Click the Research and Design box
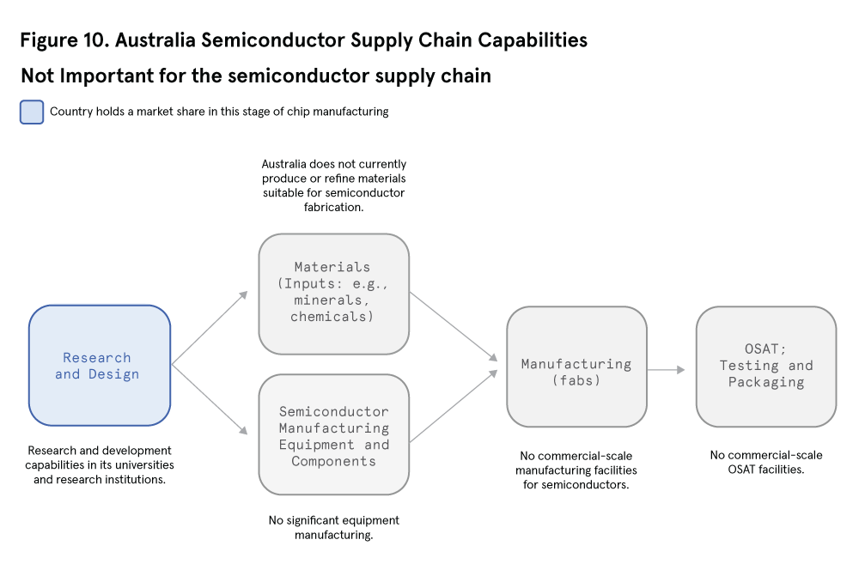100,366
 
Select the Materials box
333,294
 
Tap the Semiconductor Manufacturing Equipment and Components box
333,434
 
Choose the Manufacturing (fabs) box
576,367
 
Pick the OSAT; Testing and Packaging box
765,367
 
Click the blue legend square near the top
32,112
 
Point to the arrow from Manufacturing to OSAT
666,370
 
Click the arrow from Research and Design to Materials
210,330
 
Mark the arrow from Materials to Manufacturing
454,325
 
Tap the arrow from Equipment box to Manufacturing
454,407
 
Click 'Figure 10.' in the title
64,40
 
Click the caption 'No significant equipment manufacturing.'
333,528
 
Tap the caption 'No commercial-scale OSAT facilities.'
765,462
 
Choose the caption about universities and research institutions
100,464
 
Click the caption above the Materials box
333,185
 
